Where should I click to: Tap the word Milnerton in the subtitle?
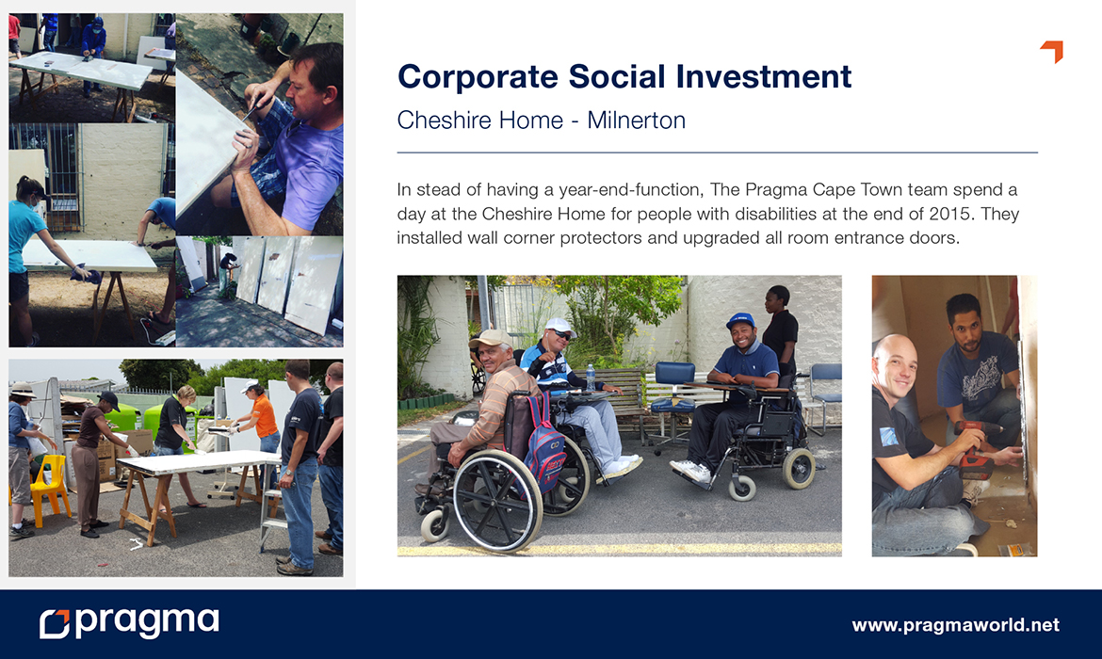[x=636, y=121]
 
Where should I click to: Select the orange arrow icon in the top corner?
[x=1054, y=51]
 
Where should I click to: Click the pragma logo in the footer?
[x=129, y=622]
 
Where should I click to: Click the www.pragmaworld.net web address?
[x=955, y=624]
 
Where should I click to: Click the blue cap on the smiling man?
[x=740, y=320]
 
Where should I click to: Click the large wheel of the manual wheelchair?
[x=497, y=499]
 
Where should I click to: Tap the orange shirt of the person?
[x=265, y=416]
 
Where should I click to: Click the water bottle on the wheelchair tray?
[x=592, y=378]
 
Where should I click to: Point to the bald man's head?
[x=895, y=361]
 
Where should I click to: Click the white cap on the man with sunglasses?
[x=559, y=326]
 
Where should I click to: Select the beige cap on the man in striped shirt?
[x=489, y=339]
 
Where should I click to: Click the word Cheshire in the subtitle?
[x=446, y=121]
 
